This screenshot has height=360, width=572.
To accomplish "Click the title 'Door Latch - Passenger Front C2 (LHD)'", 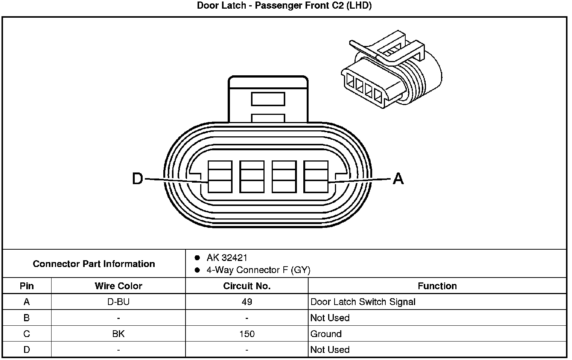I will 284,6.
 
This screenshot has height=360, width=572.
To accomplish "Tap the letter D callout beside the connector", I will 138,178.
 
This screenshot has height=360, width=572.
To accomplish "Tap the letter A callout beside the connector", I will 398,178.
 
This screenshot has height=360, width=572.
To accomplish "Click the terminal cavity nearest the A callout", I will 316,177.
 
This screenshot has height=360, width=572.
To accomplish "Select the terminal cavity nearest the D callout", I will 220,177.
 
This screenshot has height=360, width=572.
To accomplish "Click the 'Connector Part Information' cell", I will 94,264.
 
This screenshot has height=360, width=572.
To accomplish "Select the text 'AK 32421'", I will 227,258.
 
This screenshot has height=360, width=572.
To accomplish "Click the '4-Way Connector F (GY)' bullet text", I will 258,270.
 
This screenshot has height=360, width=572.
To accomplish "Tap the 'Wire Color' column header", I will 118,286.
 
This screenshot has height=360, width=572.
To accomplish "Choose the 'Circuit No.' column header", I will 246,286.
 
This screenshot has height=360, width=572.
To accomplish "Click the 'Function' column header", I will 437,286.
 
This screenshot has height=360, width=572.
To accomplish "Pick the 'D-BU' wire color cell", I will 118,302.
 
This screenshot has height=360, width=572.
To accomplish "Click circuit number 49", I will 247,302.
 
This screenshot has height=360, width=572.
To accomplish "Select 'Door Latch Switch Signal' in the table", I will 363,302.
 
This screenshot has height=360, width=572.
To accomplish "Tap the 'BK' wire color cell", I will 118,334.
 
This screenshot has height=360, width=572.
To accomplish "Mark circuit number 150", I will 247,334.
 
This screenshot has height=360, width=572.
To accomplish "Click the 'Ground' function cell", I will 326,334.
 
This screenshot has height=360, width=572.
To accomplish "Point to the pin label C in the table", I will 27,334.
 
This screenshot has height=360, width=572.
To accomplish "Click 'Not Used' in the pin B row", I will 330,318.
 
